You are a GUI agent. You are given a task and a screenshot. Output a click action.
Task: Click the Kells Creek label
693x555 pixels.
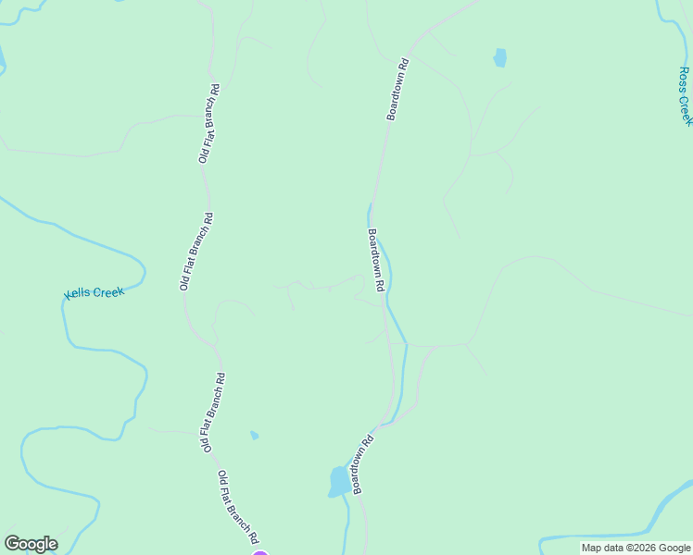[94, 293]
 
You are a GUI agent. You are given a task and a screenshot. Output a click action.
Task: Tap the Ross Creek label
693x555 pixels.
[685, 96]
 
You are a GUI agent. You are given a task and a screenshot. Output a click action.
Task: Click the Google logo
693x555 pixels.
[31, 543]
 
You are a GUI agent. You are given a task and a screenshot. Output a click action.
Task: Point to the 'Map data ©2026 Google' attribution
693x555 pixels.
[636, 549]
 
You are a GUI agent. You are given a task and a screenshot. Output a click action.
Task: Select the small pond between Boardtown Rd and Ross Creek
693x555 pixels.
[500, 57]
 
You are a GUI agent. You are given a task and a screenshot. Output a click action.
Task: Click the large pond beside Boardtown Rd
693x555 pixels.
[339, 482]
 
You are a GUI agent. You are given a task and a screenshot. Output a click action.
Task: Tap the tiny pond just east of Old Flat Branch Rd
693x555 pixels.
[254, 435]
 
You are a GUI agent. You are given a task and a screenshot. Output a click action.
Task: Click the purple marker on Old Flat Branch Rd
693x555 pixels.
[260, 553]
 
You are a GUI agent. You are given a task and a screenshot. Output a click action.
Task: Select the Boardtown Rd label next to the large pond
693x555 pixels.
[361, 464]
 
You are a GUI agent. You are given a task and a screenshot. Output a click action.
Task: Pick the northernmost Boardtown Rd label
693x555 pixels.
[397, 90]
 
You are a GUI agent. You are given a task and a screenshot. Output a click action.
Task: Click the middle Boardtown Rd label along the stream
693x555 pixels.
[375, 261]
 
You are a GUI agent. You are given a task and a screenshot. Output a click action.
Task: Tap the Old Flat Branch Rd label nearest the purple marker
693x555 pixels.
[238, 507]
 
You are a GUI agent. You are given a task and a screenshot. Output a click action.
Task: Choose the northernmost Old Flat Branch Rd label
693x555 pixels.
[208, 124]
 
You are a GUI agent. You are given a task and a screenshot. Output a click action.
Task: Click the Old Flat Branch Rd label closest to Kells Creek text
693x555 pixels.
[196, 253]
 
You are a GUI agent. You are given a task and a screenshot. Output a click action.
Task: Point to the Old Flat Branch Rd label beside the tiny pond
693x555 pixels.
[212, 412]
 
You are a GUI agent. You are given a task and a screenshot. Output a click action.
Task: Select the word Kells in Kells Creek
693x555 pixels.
[80, 294]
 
